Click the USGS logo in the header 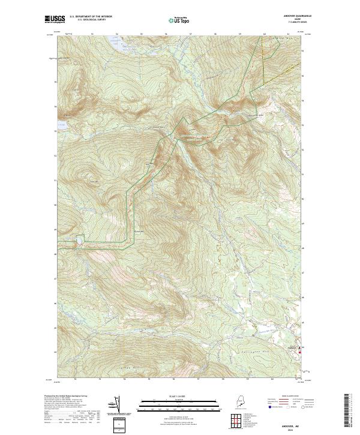point(53,20)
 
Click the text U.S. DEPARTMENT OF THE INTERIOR point(91,17)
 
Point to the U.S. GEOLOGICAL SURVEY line point(91,20)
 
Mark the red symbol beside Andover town point(299,352)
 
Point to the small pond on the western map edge point(61,127)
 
